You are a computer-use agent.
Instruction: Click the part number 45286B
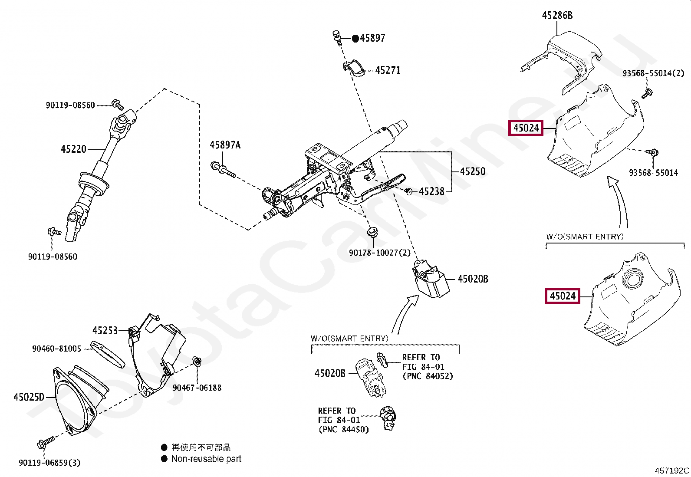557,16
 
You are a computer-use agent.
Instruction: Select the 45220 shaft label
73,149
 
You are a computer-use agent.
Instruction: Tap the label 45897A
225,145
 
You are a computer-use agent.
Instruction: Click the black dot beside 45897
355,38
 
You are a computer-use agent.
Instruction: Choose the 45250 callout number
473,171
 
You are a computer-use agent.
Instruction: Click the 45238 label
431,191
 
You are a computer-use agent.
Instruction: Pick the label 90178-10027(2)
379,253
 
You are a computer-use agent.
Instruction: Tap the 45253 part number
105,331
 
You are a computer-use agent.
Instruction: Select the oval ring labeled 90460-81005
107,354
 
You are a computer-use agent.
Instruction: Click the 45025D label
29,397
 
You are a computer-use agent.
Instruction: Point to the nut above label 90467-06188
197,361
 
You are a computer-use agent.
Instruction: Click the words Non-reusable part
206,459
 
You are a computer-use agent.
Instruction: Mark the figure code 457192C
671,470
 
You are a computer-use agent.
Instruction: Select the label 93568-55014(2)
653,73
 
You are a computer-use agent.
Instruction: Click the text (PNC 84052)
428,376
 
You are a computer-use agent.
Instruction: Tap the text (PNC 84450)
343,430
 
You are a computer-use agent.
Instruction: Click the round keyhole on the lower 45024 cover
632,278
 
